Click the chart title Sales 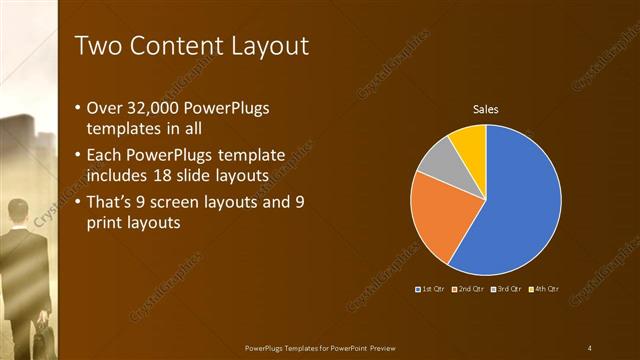click(485, 109)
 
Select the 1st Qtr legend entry click(430, 289)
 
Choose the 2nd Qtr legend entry click(468, 289)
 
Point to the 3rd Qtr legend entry click(506, 289)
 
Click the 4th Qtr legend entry click(544, 289)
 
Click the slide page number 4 click(590, 348)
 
